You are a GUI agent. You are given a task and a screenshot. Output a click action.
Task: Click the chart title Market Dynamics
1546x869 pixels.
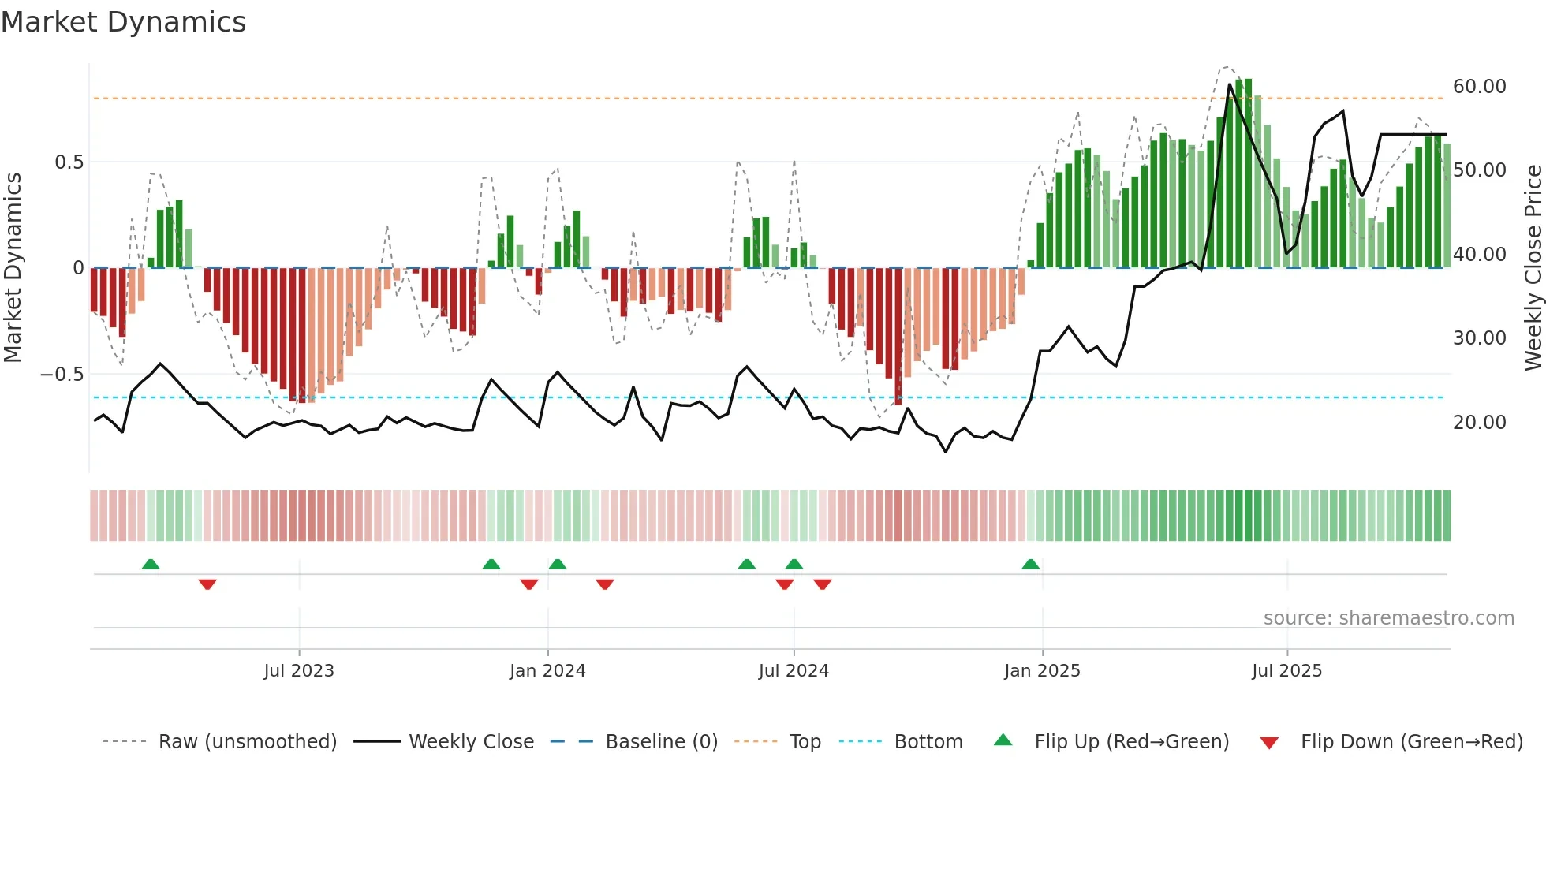coord(123,22)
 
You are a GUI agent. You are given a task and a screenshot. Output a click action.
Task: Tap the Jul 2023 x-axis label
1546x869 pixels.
coord(299,671)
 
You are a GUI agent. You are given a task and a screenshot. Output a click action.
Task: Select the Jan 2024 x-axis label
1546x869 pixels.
coord(547,671)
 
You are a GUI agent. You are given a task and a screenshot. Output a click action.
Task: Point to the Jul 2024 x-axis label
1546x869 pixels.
coord(794,671)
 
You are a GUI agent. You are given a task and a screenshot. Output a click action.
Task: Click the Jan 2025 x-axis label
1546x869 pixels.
coord(1042,671)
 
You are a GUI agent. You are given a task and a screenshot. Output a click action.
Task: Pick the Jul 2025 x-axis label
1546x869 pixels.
coord(1286,671)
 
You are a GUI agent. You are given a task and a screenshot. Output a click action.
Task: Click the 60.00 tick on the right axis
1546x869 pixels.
coord(1479,87)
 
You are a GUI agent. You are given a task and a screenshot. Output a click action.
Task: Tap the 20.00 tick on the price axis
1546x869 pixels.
coord(1479,423)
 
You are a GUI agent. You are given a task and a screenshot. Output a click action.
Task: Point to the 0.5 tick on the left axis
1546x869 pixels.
coord(69,162)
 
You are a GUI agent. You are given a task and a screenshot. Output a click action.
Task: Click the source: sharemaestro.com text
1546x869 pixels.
coord(1388,618)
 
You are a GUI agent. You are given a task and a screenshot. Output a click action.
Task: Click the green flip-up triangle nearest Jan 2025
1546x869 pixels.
coord(1030,564)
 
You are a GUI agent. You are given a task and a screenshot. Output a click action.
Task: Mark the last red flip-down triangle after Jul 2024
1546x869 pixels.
coord(822,584)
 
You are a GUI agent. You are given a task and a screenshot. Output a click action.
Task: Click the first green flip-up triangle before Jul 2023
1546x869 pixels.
coord(151,564)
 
